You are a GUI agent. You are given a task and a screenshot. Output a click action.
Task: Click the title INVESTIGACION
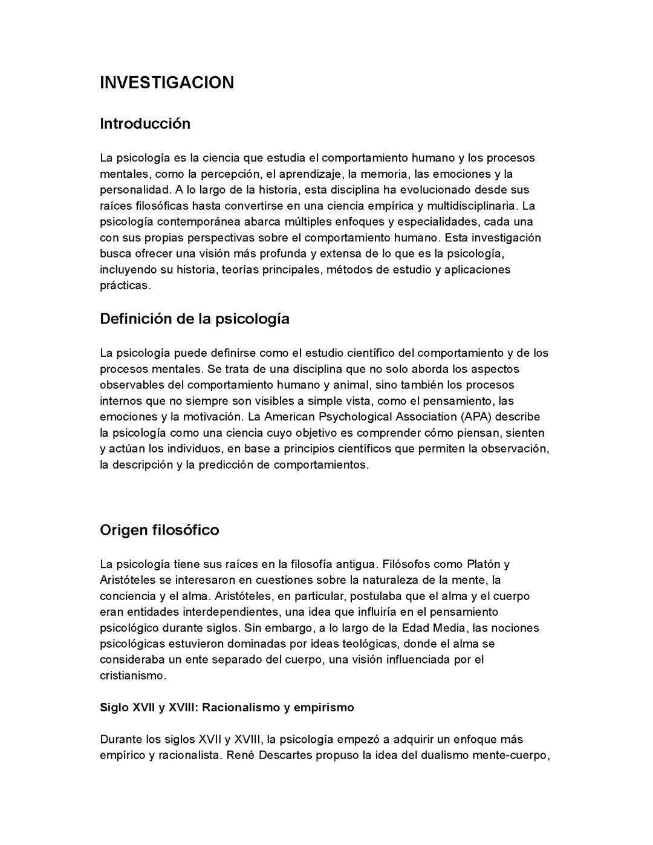pyautogui.click(x=166, y=83)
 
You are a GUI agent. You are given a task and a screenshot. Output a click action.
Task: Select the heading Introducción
pyautogui.click(x=145, y=124)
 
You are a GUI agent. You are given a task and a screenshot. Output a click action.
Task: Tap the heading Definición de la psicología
pyautogui.click(x=195, y=319)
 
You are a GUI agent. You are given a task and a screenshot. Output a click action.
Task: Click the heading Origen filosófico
pyautogui.click(x=160, y=530)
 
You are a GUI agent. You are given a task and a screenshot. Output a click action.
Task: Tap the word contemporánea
pyautogui.click(x=189, y=222)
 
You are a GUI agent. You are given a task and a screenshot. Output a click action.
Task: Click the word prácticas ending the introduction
pyautogui.click(x=125, y=285)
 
